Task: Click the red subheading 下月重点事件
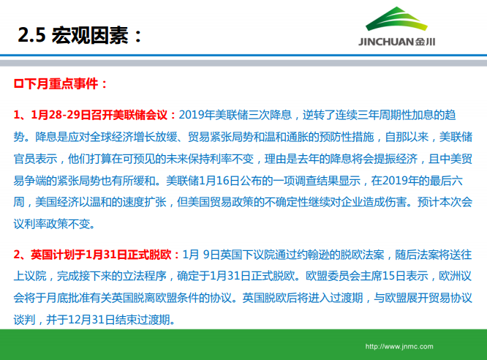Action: [64, 84]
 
